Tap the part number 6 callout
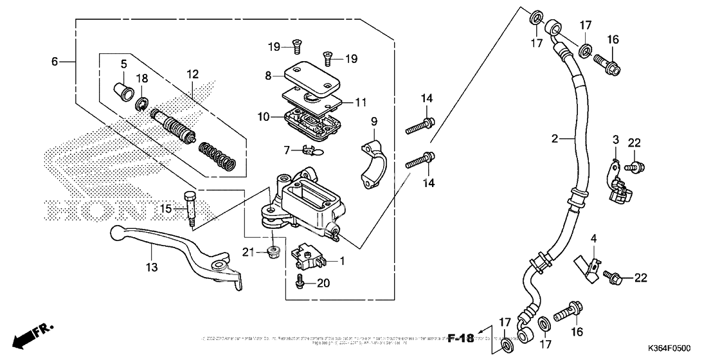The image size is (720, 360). [x=55, y=62]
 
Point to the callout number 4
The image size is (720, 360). [x=594, y=239]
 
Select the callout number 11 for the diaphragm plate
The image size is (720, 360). [x=360, y=102]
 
